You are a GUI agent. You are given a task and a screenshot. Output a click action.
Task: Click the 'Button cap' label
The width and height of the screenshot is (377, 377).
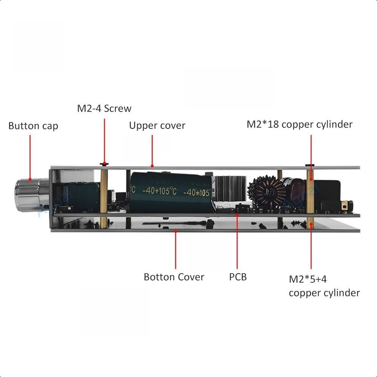click(x=33, y=126)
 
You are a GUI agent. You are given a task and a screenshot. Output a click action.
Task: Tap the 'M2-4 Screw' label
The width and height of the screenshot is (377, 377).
click(x=104, y=109)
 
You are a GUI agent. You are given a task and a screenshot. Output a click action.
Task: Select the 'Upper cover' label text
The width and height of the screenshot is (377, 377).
click(x=157, y=126)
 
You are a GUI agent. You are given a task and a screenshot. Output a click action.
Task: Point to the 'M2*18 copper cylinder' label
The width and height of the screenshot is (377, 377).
click(x=300, y=124)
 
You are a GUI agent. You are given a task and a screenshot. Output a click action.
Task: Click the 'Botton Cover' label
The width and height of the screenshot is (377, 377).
click(x=174, y=277)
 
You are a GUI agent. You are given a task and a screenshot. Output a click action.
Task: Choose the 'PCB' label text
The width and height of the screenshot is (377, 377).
click(x=238, y=277)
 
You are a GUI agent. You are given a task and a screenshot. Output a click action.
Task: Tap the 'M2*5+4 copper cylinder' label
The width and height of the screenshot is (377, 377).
click(x=324, y=286)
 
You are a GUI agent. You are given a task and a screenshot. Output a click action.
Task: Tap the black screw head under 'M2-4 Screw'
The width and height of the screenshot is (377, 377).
click(x=104, y=164)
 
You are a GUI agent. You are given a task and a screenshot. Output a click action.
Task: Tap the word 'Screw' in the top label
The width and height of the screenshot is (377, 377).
click(x=118, y=109)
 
